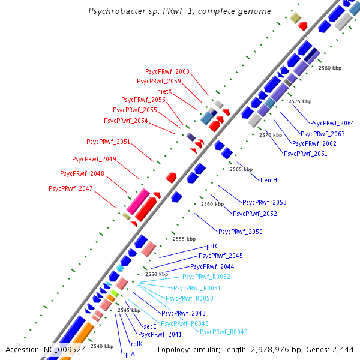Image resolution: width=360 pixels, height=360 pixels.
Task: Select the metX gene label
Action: click(165, 91)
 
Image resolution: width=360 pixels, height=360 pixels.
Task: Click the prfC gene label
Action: click(212, 246)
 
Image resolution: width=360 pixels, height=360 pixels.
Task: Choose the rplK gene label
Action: click(136, 344)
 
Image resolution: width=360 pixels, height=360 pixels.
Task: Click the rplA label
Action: click(129, 354)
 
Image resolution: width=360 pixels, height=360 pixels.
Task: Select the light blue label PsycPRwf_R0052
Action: click(206, 277)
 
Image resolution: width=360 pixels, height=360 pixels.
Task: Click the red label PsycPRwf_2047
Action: click(71, 188)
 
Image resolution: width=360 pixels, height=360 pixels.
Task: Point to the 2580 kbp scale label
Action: click(329, 68)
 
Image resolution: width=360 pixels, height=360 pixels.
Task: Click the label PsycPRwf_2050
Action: click(240, 231)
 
